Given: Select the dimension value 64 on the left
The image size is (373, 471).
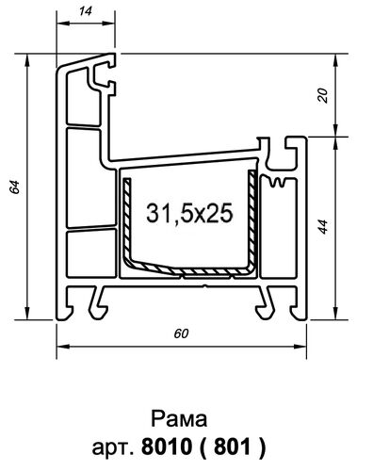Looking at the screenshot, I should click(14, 188).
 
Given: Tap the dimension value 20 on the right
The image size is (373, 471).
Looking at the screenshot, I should click(324, 95).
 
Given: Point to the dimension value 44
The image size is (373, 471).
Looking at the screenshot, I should click(324, 227).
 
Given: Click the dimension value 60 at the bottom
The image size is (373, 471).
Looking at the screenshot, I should click(183, 333).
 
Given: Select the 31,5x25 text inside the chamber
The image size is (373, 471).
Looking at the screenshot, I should click(189, 213).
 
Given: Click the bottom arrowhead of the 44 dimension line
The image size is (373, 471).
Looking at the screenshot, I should click(336, 317).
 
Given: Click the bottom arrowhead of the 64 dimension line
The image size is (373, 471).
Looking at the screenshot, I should click(25, 317).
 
